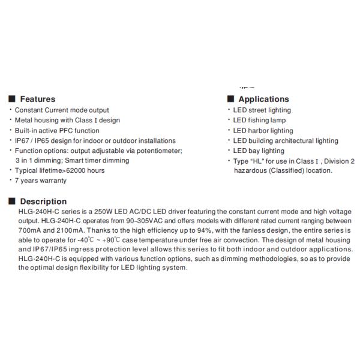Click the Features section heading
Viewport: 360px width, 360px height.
[38, 99]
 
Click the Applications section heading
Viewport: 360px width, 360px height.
[263, 99]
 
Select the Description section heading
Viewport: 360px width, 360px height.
[43, 201]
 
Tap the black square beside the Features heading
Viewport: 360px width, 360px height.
[12, 99]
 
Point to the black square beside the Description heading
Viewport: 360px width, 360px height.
[12, 201]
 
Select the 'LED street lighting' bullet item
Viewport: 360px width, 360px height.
[262, 110]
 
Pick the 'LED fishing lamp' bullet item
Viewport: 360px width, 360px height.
[259, 120]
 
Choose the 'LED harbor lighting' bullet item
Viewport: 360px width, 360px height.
[263, 130]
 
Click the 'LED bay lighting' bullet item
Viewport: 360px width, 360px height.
[259, 151]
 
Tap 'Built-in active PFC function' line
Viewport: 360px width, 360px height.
[57, 130]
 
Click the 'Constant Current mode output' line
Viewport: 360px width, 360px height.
[62, 110]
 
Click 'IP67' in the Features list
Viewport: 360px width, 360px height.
[22, 140]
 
